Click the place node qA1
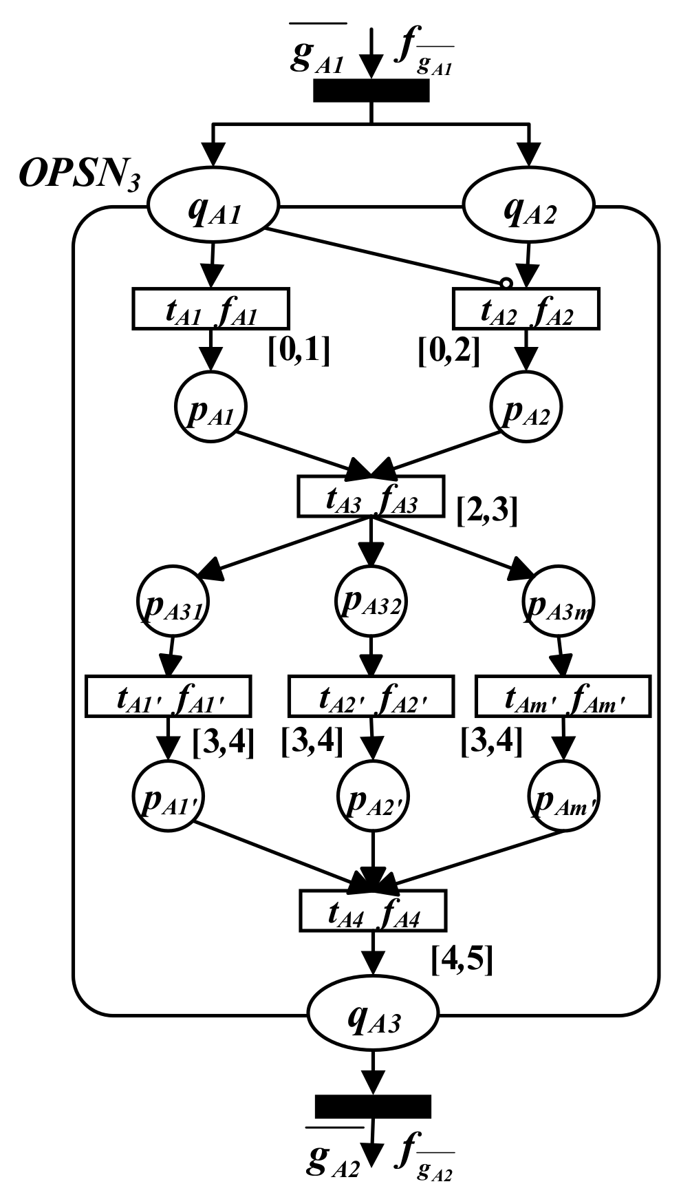(x=213, y=206)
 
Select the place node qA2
(x=529, y=206)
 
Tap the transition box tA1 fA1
(x=210, y=309)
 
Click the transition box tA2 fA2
(x=526, y=309)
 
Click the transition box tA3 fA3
(x=371, y=496)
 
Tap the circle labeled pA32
(x=371, y=601)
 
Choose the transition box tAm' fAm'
(x=563, y=697)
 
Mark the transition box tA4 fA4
(x=373, y=911)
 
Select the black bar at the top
(x=371, y=91)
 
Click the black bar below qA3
(x=373, y=1106)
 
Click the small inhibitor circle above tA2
(x=506, y=283)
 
